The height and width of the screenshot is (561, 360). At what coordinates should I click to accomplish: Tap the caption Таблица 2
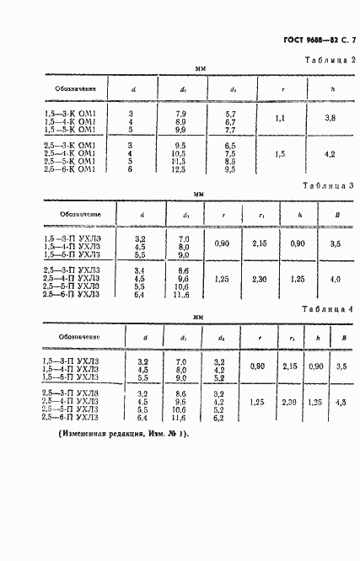[330, 61]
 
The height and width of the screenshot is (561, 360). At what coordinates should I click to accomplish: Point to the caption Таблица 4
[329, 310]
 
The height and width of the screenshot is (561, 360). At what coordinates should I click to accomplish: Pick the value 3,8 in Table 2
[330, 119]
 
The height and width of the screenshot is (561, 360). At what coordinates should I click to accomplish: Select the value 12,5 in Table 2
[179, 169]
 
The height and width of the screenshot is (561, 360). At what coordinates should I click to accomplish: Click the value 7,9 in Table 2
[179, 112]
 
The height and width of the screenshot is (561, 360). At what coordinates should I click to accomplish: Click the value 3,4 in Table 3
[142, 268]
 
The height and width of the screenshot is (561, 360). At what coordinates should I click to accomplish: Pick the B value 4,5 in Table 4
[340, 403]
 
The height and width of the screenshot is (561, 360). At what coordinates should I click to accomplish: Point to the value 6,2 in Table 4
[218, 417]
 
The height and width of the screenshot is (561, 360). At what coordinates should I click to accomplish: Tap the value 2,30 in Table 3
[261, 278]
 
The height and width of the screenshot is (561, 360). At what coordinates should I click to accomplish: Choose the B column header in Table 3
[336, 215]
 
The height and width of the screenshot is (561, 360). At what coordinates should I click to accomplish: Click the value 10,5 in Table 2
[179, 154]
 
